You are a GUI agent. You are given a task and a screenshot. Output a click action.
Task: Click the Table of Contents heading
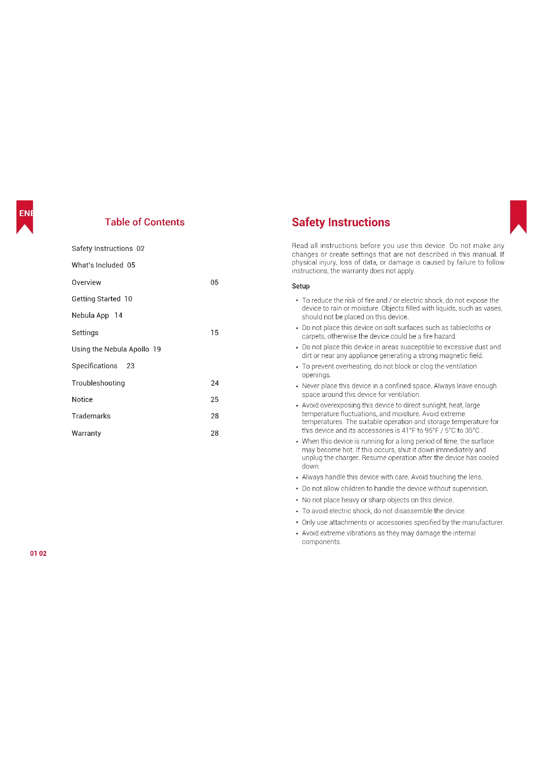[144, 222]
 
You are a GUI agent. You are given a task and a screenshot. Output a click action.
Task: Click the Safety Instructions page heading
[341, 222]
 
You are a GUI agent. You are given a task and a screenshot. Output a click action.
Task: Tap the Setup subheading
[301, 286]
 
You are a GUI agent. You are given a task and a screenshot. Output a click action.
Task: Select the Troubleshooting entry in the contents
[98, 383]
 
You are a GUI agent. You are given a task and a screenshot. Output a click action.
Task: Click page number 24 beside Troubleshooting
[215, 383]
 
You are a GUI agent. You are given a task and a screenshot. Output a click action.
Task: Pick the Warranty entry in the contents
[86, 433]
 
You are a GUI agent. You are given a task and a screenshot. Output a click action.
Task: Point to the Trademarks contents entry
[91, 416]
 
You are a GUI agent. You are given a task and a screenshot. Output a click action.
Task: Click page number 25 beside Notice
[215, 399]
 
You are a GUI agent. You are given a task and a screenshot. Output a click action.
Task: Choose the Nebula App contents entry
[90, 315]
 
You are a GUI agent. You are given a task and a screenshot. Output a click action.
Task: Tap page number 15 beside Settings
[215, 333]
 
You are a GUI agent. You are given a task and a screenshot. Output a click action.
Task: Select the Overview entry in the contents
[86, 283]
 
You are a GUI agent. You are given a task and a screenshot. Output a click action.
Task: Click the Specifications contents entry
[94, 366]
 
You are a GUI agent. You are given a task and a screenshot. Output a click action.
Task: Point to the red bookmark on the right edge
[519, 216]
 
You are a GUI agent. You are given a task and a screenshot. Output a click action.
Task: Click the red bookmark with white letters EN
[24, 216]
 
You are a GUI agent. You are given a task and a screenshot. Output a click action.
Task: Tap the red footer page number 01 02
[38, 554]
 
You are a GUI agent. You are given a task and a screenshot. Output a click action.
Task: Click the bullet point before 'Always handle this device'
[297, 478]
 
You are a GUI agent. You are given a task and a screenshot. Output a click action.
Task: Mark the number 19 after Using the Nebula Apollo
[157, 349]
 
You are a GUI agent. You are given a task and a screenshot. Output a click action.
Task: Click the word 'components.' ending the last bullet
[321, 542]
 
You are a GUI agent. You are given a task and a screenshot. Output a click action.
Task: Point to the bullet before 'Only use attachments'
[297, 522]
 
